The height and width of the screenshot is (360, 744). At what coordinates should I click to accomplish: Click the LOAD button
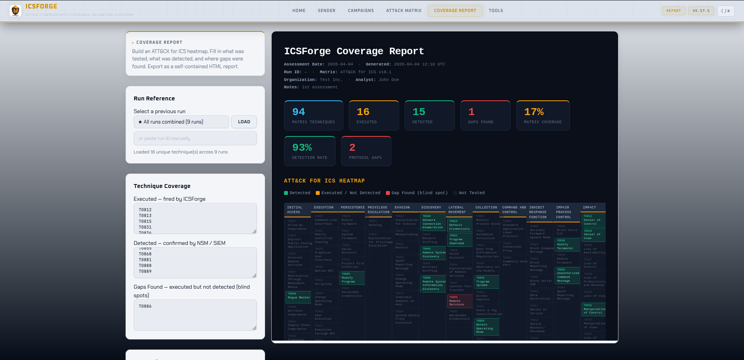pos(244,122)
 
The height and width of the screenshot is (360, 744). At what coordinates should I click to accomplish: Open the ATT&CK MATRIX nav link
pos(404,11)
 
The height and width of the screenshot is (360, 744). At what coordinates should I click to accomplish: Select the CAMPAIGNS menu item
pos(361,11)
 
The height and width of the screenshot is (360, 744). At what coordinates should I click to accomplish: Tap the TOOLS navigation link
pos(496,11)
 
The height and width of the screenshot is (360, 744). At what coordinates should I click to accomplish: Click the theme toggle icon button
pos(725,11)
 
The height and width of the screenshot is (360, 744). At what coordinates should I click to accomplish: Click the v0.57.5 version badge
pos(701,11)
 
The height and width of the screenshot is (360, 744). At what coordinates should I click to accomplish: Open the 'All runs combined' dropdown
pos(181,122)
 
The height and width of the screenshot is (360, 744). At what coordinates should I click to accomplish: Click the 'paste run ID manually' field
pos(195,138)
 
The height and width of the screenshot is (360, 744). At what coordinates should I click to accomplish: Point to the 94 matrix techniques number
pos(299,112)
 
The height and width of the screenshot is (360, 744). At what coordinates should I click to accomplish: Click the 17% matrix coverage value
pos(534,112)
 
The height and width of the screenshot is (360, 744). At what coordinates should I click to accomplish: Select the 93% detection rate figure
pos(302,148)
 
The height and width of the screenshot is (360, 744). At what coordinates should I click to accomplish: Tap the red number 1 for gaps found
pos(471,112)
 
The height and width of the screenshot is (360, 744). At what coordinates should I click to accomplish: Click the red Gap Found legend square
pos(388,193)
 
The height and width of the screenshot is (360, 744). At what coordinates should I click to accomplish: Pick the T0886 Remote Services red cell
pos(460,301)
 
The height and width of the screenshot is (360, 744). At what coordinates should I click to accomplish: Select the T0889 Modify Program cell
pos(352,278)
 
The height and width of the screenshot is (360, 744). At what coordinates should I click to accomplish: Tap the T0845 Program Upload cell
pos(486,282)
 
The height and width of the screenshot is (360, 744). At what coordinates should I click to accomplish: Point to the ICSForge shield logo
pos(15,10)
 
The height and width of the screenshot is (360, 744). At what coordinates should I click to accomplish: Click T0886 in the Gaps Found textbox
pos(145,307)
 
